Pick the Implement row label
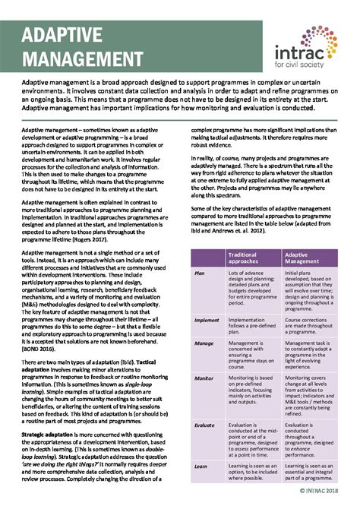[x=207, y=320]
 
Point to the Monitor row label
[x=204, y=378]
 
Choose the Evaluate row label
[x=204, y=426]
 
